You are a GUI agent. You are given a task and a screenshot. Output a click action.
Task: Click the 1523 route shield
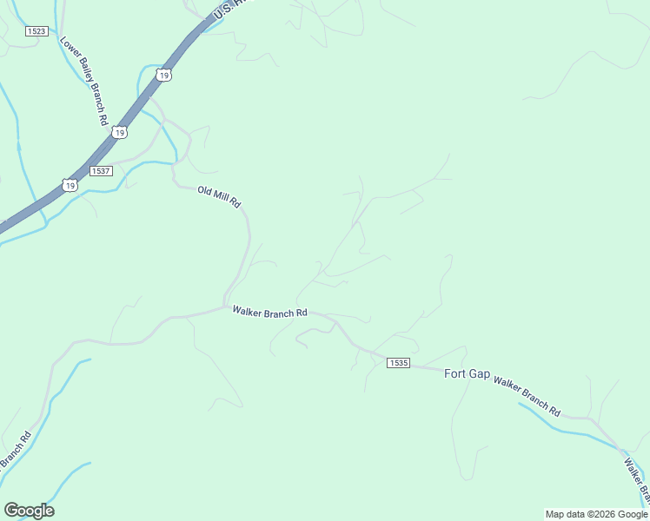click(x=36, y=31)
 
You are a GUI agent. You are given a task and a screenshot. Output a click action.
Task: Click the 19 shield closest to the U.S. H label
click(x=164, y=76)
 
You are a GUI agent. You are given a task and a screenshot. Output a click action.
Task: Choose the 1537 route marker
click(x=101, y=171)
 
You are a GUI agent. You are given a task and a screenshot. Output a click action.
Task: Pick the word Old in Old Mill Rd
click(x=206, y=191)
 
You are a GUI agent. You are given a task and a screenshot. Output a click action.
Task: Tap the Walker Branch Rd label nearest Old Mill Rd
click(x=269, y=312)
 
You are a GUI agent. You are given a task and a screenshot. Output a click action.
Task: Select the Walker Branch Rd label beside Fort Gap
click(x=527, y=394)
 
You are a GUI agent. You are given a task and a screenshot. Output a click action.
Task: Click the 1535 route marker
click(x=398, y=362)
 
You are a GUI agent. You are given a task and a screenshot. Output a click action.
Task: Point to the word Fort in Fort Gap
click(x=455, y=373)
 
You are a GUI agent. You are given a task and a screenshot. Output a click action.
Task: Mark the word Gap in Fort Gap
click(x=480, y=373)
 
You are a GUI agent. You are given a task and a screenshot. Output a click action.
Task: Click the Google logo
click(x=29, y=511)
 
